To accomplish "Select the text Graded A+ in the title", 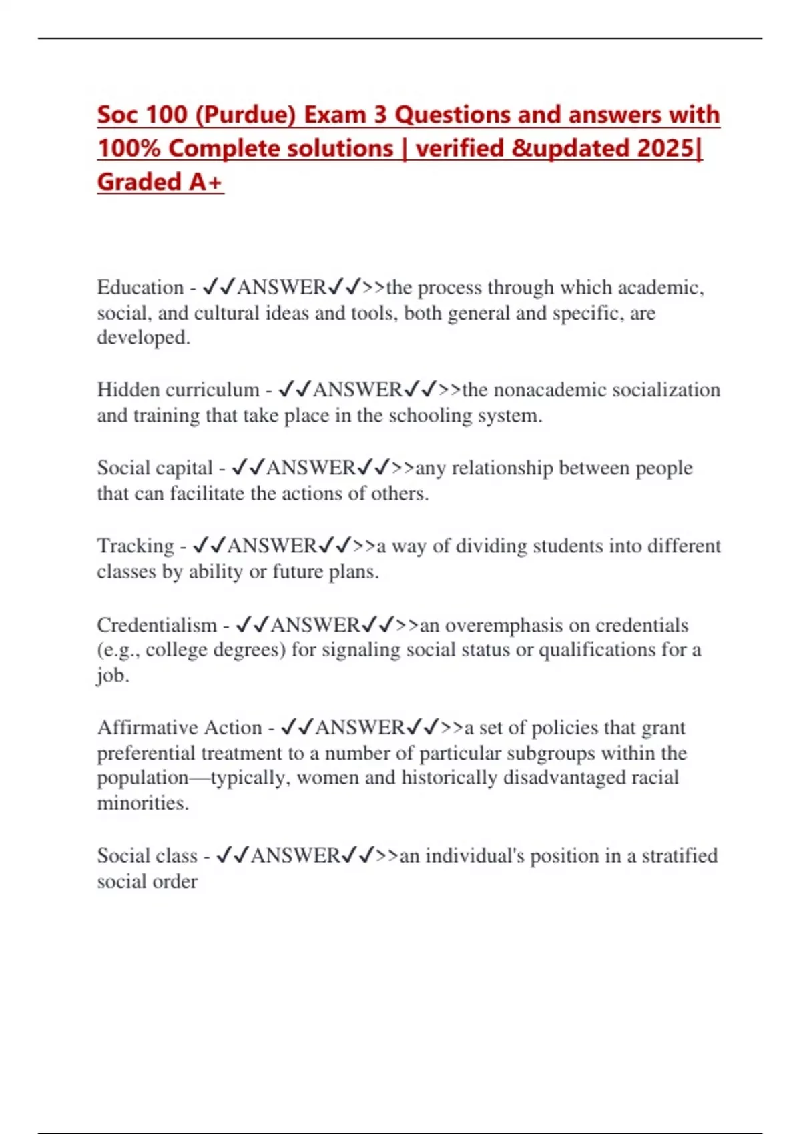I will (160, 181).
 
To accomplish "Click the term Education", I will (140, 288).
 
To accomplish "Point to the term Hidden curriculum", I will (178, 390).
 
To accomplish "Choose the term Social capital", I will (155, 468).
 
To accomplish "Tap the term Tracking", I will (136, 546).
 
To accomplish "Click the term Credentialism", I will (157, 625).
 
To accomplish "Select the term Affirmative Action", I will (180, 727).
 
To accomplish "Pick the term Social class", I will (148, 855).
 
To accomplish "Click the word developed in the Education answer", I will (143, 338).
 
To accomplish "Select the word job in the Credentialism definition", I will (111, 676).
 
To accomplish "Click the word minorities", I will (142, 803).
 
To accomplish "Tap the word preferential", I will (147, 753).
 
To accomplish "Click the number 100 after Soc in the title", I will (166, 115).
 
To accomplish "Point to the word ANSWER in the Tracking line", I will (272, 546).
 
